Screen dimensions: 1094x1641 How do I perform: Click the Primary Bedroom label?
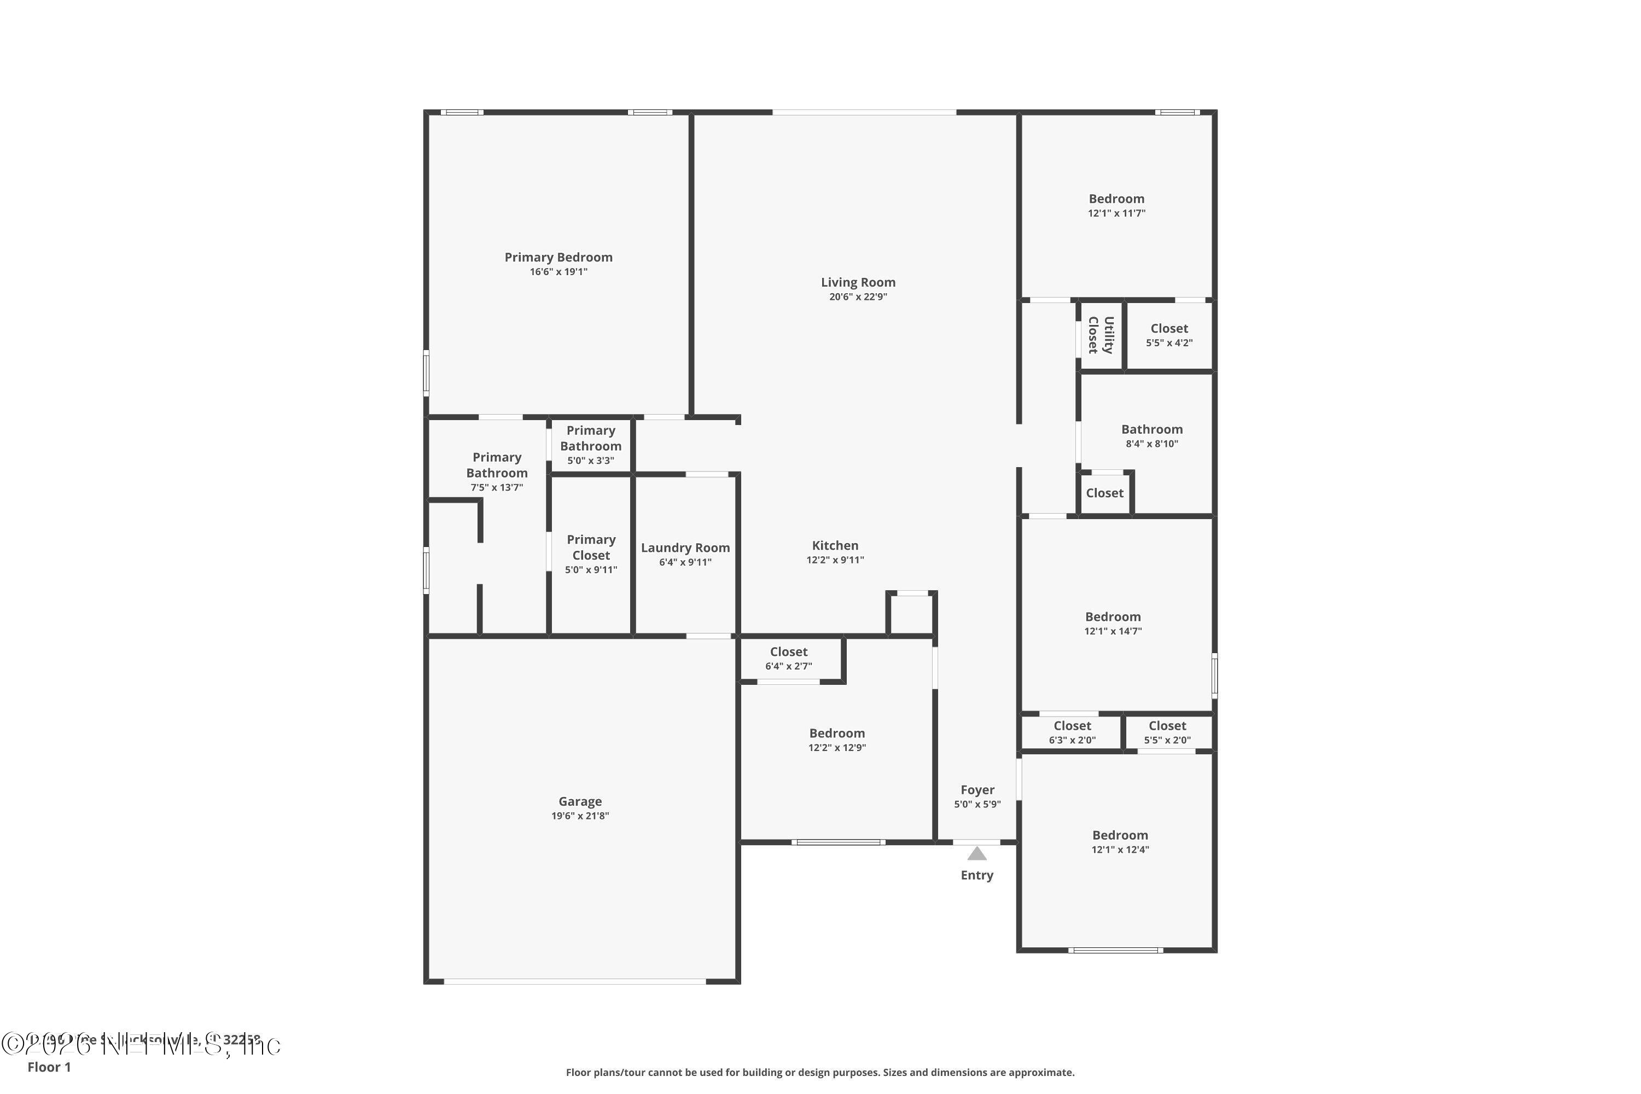(558, 258)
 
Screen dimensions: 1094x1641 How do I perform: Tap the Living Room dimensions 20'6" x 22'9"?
(858, 297)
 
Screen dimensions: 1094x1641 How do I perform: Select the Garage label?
(580, 802)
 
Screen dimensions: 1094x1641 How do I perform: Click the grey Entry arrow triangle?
(977, 854)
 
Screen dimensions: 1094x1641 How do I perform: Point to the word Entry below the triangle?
(977, 876)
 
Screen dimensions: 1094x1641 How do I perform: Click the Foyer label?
(977, 790)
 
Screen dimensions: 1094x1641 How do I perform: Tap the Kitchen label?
(835, 545)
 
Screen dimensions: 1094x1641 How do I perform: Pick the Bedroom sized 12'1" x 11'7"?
(1116, 206)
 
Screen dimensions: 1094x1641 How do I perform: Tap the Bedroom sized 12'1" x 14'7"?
(1113, 624)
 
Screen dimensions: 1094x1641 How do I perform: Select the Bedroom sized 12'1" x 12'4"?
(1120, 842)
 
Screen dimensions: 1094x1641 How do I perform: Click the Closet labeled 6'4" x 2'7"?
(788, 659)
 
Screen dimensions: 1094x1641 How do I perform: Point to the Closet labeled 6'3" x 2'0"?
(1072, 732)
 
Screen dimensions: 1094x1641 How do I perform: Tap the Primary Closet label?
(591, 548)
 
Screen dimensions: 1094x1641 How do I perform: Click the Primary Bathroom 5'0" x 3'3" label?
(590, 445)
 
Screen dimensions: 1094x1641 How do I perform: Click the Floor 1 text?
(49, 1067)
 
